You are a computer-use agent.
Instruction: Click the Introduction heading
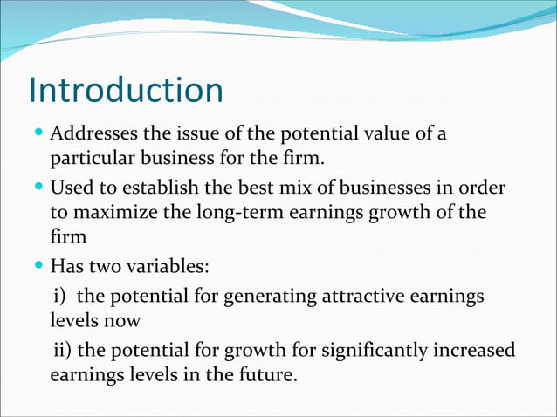point(126,90)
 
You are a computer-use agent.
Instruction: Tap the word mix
point(292,188)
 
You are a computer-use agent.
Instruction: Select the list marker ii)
point(63,351)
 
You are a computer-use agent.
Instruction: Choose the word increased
point(471,351)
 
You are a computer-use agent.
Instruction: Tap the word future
point(269,376)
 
